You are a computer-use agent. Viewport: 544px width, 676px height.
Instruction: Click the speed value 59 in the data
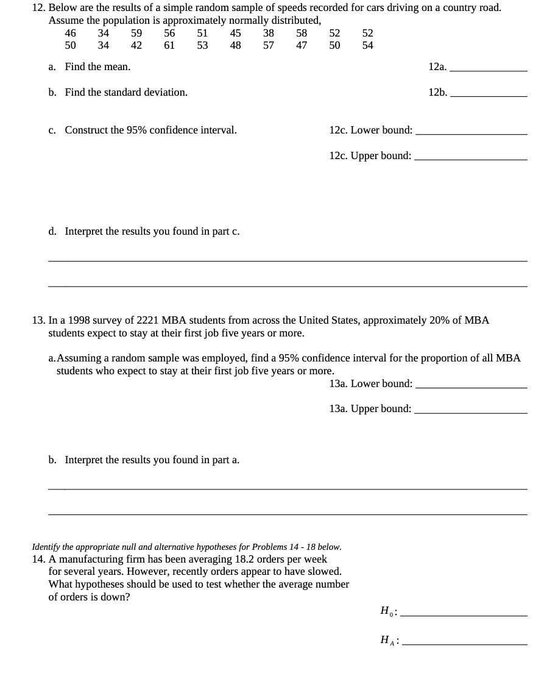point(136,33)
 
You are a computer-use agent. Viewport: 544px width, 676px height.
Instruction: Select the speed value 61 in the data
point(169,45)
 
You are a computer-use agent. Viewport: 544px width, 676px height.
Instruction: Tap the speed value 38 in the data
point(269,33)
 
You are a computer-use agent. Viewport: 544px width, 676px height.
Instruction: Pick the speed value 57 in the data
point(269,45)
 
